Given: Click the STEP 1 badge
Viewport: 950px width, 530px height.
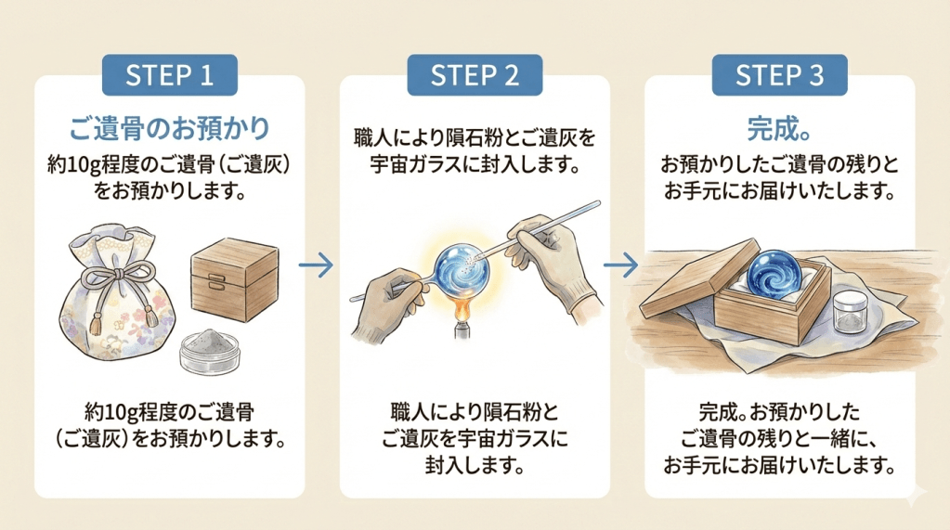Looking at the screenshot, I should [170, 75].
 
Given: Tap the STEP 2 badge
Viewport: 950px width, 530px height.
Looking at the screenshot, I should [475, 75].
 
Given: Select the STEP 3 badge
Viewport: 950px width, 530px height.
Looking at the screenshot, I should [779, 75].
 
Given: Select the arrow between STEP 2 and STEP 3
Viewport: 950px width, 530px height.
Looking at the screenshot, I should [621, 266].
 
